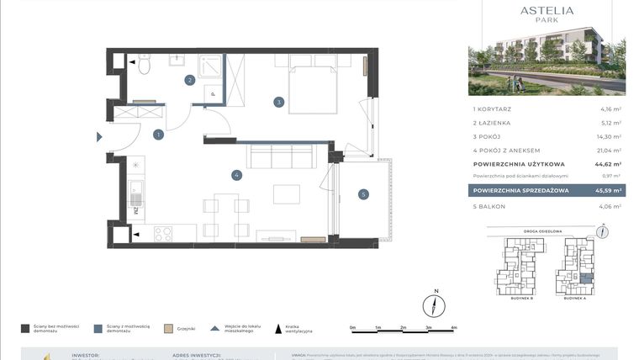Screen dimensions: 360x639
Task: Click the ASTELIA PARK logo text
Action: [x=547, y=13]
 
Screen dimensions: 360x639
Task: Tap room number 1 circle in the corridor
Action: [x=158, y=134]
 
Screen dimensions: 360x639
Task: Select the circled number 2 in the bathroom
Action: [x=191, y=81]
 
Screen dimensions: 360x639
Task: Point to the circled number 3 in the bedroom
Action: [x=278, y=103]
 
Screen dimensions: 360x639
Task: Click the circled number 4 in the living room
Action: [x=238, y=175]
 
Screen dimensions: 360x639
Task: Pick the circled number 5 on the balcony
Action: [x=363, y=194]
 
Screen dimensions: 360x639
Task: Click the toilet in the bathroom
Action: [x=144, y=64]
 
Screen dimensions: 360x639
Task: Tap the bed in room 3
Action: [x=313, y=84]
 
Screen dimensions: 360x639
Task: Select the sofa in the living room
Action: [x=280, y=156]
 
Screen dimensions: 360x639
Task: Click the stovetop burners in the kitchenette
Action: [x=162, y=233]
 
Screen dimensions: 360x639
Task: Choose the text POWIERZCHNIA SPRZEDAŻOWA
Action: [x=521, y=191]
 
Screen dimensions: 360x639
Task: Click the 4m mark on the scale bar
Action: [x=453, y=327]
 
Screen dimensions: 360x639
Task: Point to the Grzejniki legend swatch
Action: [x=168, y=328]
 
